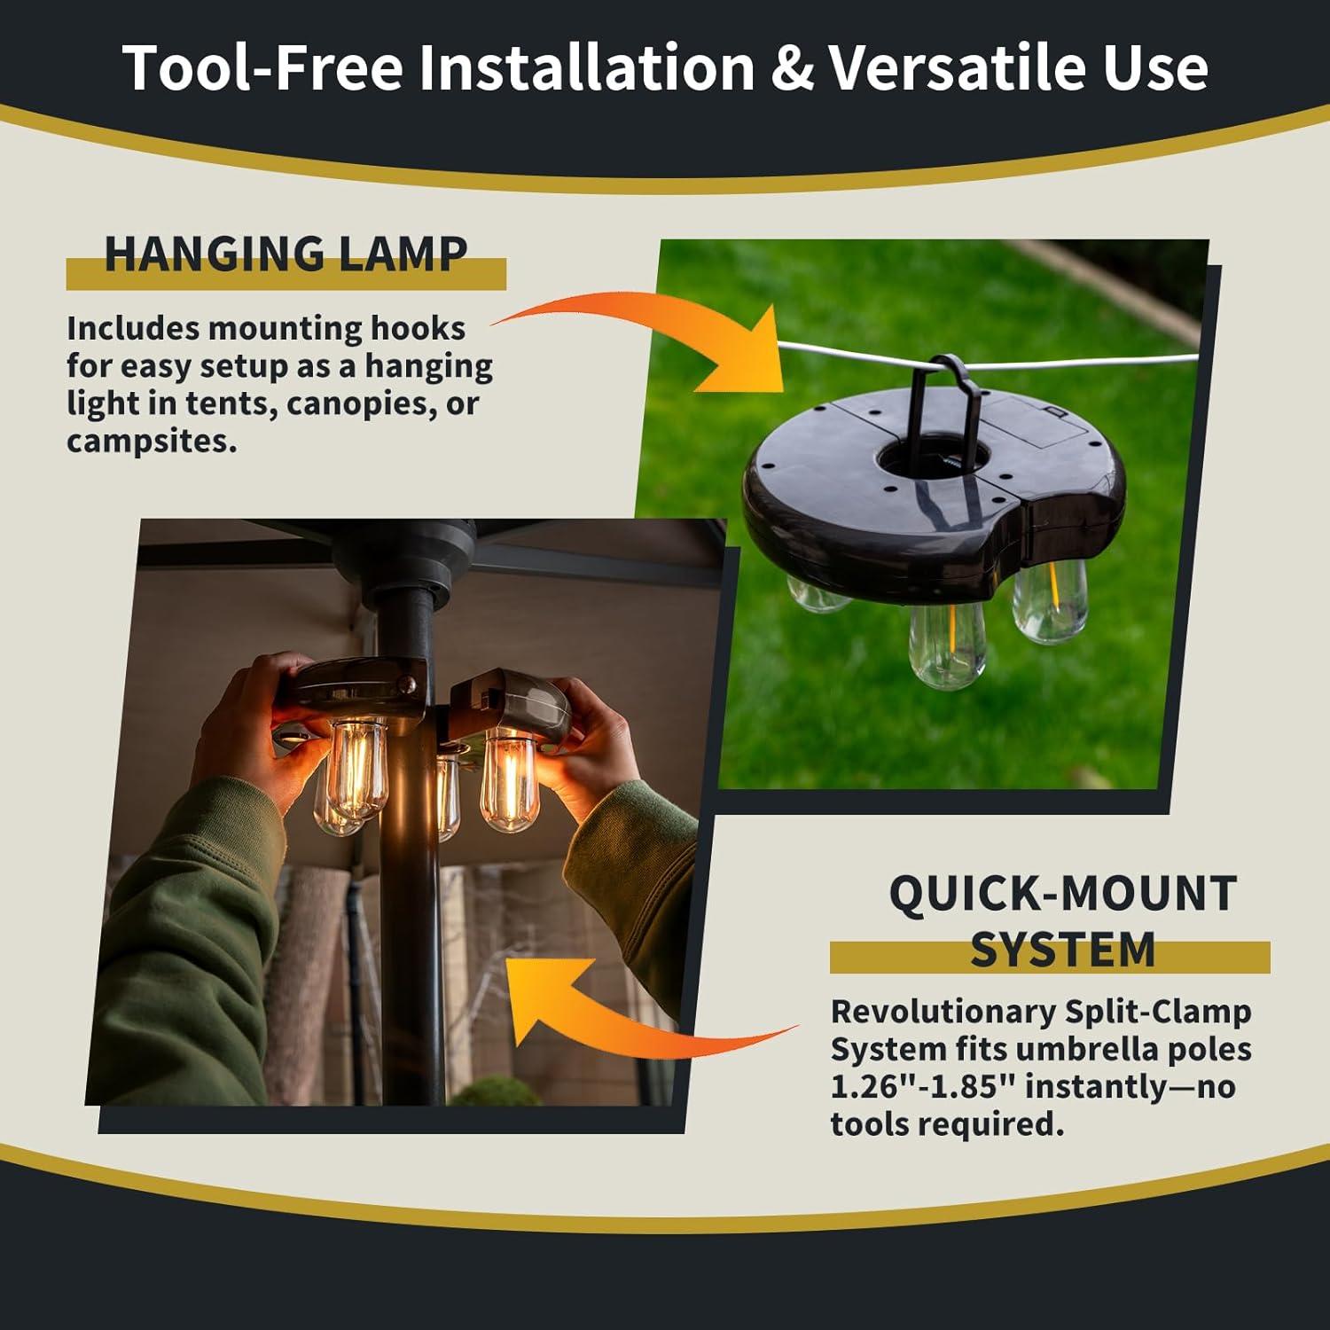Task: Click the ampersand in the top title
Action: [x=792, y=68]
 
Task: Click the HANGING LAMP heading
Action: [x=286, y=254]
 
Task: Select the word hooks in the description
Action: [x=418, y=329]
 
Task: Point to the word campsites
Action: [x=152, y=441]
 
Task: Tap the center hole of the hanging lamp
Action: [x=932, y=458]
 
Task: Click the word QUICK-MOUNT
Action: [x=1062, y=894]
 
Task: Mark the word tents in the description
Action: [x=230, y=404]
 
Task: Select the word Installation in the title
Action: [x=586, y=68]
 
